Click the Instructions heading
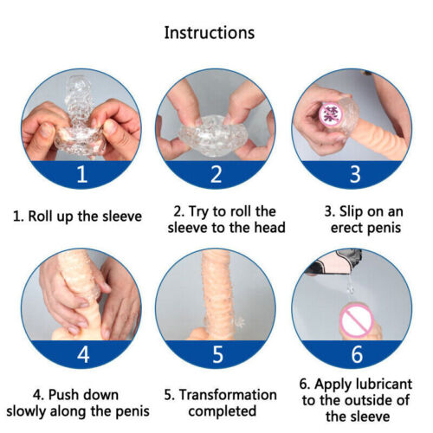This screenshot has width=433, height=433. click(x=210, y=32)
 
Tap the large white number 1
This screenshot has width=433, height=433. click(x=82, y=174)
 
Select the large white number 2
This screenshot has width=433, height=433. click(x=216, y=174)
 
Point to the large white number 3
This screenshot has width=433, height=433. click(x=355, y=174)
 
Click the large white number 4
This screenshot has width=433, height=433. click(x=83, y=354)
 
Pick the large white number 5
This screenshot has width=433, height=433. click(x=217, y=354)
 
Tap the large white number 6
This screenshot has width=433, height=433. click(x=357, y=354)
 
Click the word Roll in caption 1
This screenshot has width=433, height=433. click(x=41, y=216)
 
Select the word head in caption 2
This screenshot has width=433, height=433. click(x=269, y=228)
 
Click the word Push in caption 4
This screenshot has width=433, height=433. click(x=62, y=395)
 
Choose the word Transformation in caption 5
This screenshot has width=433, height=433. click(x=228, y=395)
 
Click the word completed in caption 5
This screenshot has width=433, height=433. click(x=223, y=411)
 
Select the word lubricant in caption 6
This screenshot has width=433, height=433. click(x=384, y=384)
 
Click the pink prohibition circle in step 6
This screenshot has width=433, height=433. click(x=356, y=321)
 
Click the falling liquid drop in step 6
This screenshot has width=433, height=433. click(x=351, y=286)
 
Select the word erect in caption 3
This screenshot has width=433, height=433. click(x=345, y=228)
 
